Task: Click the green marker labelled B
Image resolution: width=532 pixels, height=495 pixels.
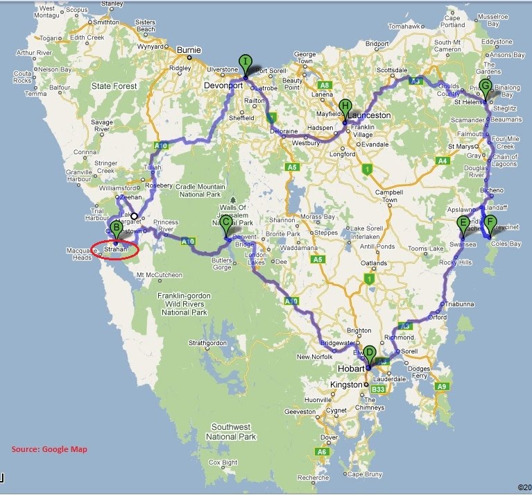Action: [x=117, y=227]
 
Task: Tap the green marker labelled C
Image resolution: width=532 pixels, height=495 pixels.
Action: [x=226, y=224]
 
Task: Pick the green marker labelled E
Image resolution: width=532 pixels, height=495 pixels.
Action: [x=463, y=224]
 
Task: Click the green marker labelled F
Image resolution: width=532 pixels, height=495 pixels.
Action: [x=490, y=224]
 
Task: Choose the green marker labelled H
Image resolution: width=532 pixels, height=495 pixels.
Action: [x=345, y=107]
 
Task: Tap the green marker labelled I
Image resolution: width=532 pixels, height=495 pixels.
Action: [x=245, y=62]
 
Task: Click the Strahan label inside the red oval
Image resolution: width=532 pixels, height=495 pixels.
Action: [x=115, y=248]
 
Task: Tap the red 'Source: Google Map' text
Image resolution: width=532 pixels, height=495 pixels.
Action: [x=49, y=448]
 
